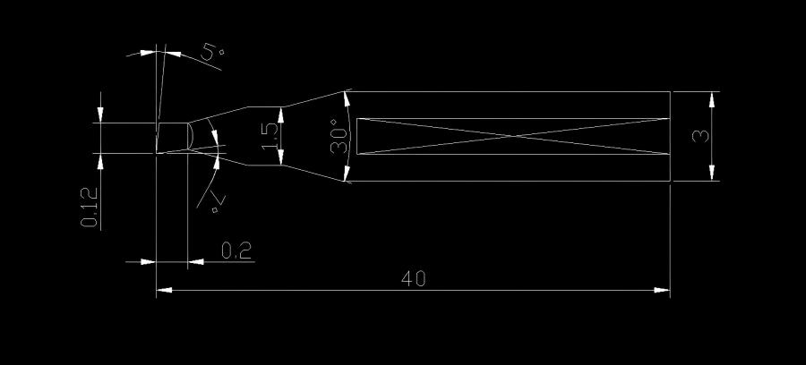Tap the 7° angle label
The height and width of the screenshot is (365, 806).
point(215,200)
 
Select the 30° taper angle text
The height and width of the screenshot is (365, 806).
point(339,137)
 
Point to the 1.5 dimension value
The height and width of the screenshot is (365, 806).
point(270,135)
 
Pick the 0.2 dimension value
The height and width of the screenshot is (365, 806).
point(236,250)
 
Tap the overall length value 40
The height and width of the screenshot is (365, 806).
point(413,278)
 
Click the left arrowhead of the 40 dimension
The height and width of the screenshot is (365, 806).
point(164,290)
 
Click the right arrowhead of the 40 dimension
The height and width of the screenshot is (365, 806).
point(663,290)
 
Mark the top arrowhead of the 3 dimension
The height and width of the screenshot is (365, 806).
point(713,98)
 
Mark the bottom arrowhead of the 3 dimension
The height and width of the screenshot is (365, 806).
point(713,174)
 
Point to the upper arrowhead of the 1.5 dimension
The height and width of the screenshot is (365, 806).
point(282,114)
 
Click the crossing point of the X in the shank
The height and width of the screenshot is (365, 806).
point(512,136)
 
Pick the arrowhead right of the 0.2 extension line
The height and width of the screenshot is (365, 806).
point(195,261)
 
